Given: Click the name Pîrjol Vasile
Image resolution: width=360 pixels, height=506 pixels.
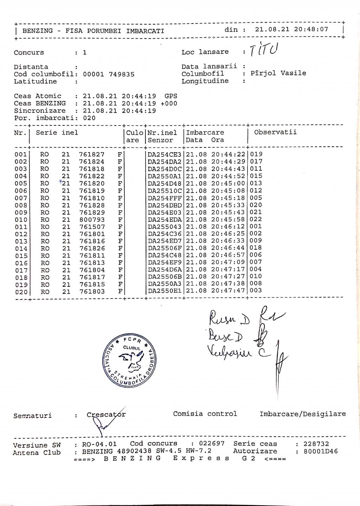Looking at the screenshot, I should (x=278, y=73).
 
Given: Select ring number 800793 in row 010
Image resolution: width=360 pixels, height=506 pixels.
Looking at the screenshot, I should (x=92, y=220).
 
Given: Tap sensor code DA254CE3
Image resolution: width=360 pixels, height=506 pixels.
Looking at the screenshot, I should (x=165, y=154).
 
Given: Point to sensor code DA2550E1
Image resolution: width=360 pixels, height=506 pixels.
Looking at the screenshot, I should (x=165, y=291).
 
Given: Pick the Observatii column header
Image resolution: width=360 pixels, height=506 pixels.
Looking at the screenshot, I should (x=275, y=132).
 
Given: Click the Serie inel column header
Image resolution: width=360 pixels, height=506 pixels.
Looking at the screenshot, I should (x=57, y=133).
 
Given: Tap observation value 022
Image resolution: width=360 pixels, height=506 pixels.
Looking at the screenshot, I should (x=256, y=219).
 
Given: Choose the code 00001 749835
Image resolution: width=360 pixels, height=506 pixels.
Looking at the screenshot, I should (x=109, y=74).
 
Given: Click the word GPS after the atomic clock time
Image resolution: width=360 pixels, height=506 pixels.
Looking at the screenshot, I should (x=171, y=96).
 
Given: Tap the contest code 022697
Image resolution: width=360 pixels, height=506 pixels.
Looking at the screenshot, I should (x=212, y=443).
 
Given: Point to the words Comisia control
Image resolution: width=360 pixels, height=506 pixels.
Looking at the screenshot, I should (x=205, y=414).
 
